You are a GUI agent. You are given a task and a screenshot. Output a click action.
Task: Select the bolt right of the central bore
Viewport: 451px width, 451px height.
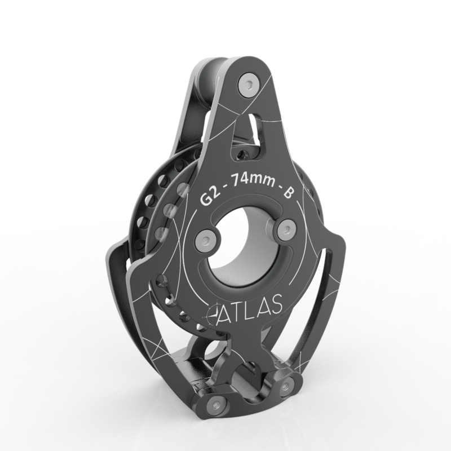coord(286,228)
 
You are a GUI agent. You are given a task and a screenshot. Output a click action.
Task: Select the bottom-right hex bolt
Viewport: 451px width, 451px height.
coord(286,384)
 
